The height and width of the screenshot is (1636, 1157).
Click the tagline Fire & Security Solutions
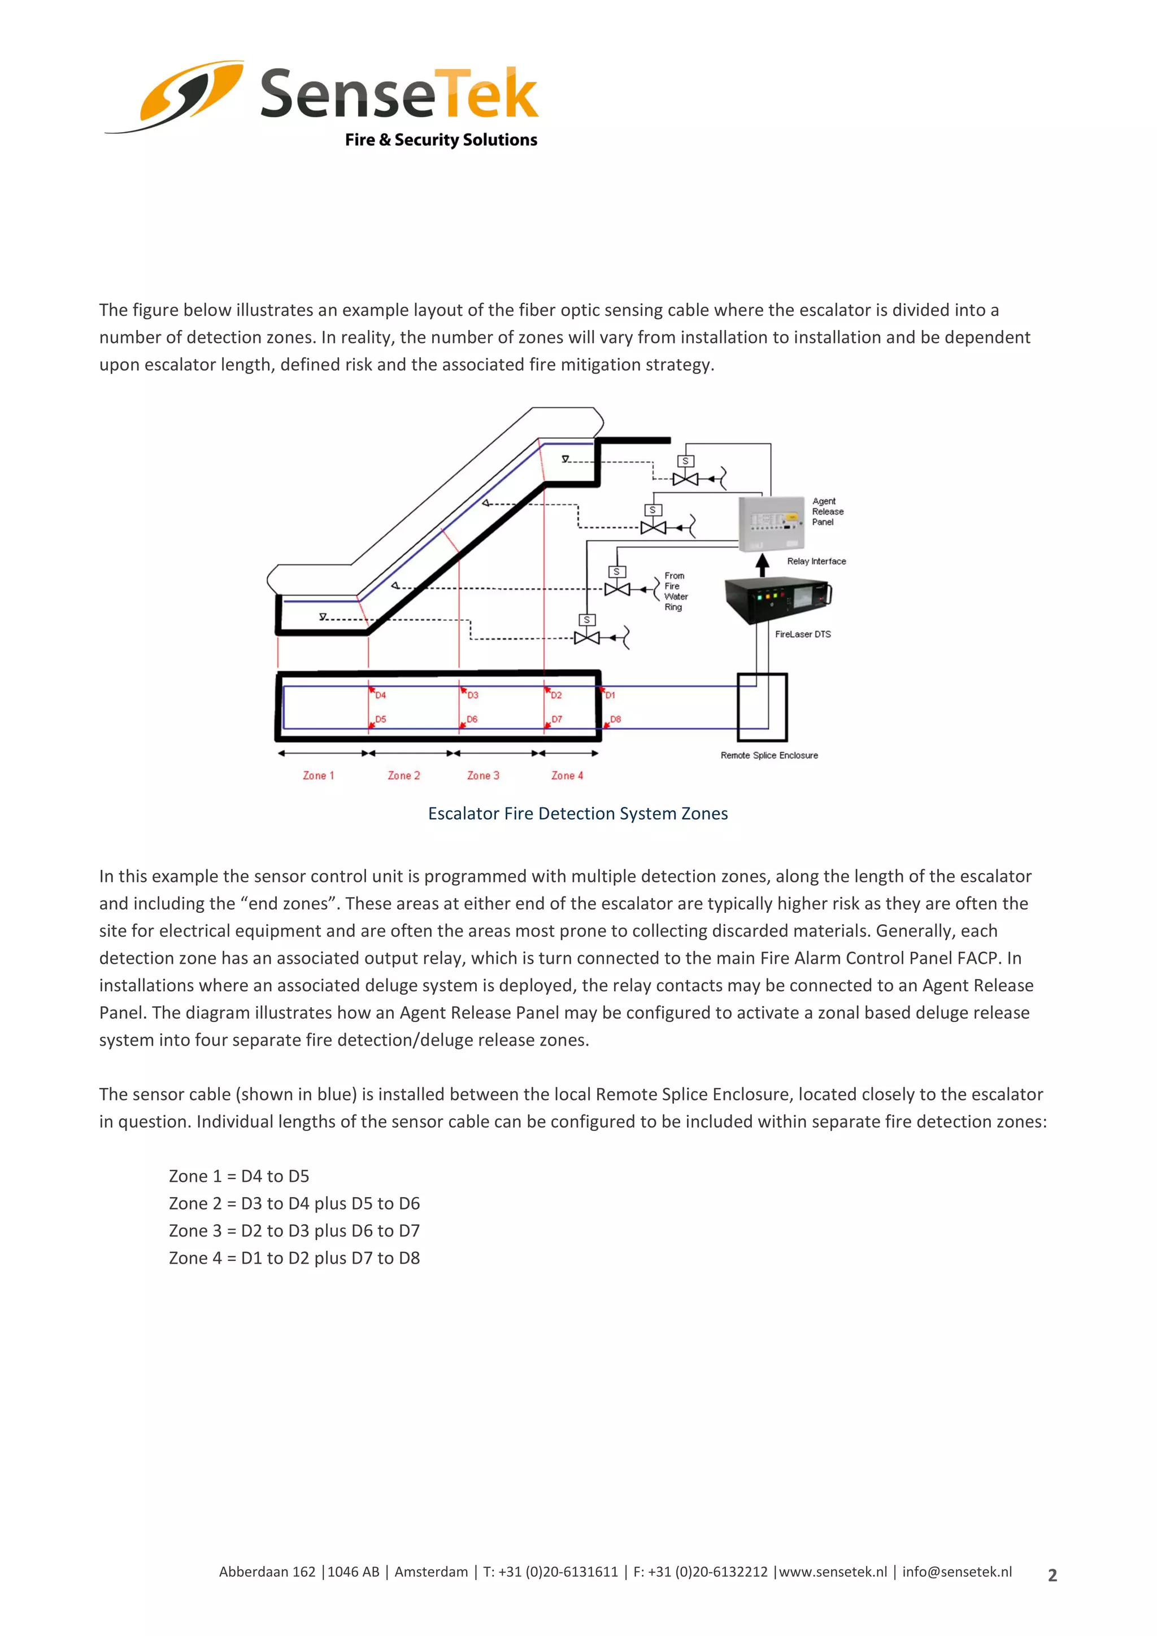click(x=441, y=140)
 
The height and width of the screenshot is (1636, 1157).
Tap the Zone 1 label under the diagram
click(x=319, y=775)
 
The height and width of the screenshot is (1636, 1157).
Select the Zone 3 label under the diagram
click(x=483, y=775)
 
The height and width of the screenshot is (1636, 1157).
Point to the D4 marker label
click(x=380, y=695)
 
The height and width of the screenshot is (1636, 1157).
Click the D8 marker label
click(x=616, y=719)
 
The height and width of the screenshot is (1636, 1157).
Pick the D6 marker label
click(x=472, y=719)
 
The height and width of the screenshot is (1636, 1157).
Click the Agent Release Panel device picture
click(x=772, y=523)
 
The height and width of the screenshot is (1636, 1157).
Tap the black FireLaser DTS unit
click(x=777, y=598)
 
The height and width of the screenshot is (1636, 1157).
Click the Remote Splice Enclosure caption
click(x=769, y=755)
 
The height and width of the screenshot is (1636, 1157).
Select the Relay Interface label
click(x=816, y=562)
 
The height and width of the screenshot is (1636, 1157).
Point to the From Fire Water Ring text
click(x=676, y=591)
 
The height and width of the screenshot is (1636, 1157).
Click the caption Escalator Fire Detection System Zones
click(x=578, y=813)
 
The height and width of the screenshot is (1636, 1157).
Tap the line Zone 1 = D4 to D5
click(x=238, y=1176)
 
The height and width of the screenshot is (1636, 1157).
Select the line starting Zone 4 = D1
click(x=294, y=1258)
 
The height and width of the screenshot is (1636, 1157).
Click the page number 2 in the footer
click(x=1052, y=1576)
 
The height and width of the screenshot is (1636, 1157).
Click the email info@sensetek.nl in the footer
click(x=957, y=1572)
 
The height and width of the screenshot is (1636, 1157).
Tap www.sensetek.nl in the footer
click(x=833, y=1572)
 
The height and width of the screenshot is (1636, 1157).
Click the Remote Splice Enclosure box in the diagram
click(x=762, y=707)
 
